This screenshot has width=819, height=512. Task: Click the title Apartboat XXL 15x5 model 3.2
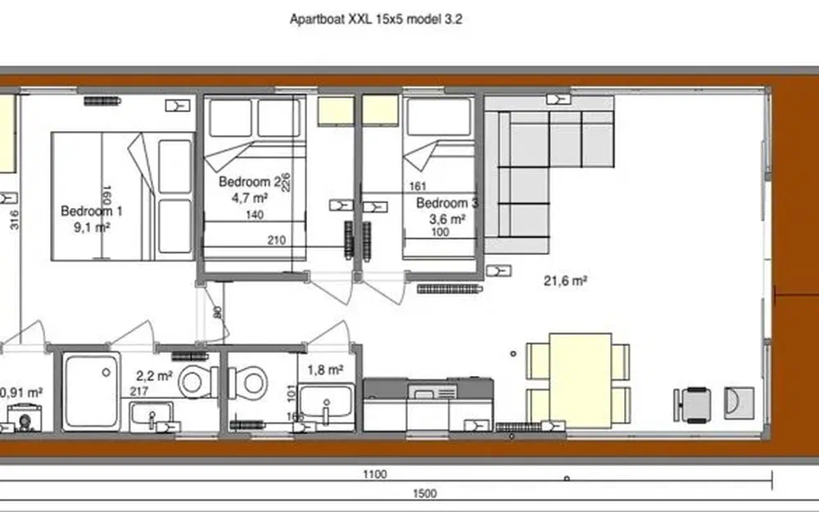tap(376, 18)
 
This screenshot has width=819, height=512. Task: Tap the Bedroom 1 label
tap(92, 211)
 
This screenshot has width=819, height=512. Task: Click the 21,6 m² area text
tap(567, 280)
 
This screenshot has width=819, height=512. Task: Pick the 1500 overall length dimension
tap(425, 493)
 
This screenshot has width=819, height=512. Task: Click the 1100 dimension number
tap(375, 474)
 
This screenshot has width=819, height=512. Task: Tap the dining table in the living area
tap(580, 379)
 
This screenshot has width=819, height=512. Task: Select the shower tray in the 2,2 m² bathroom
tap(91, 389)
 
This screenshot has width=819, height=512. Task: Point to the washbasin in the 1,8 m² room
tap(326, 401)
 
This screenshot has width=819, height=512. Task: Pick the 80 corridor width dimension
tap(217, 312)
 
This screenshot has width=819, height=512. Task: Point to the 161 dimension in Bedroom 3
tap(418, 187)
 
